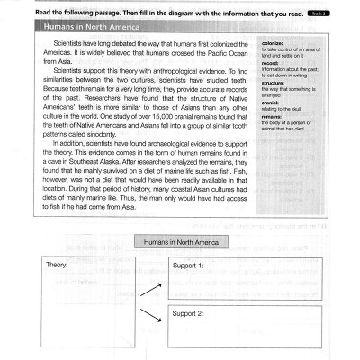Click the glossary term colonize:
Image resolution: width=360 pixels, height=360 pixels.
click(x=274, y=43)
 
